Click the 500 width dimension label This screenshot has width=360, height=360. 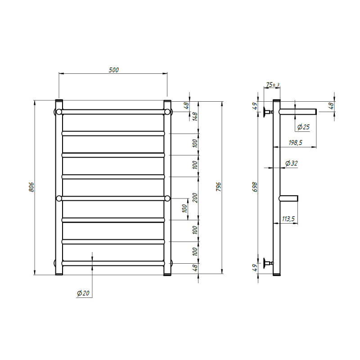pyautogui.click(x=114, y=70)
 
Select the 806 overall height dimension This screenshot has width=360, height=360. pyautogui.click(x=31, y=187)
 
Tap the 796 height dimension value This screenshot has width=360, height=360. pyautogui.click(x=218, y=187)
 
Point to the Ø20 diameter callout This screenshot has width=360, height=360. pyautogui.click(x=83, y=293)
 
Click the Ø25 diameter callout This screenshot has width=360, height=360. pyautogui.click(x=303, y=127)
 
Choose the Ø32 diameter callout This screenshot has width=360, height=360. pyautogui.click(x=291, y=163)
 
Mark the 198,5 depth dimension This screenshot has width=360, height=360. pyautogui.click(x=296, y=143)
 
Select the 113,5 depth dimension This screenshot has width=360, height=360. pyautogui.click(x=288, y=219)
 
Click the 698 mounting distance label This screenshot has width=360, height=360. pyautogui.click(x=255, y=187)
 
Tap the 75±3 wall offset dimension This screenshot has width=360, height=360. pyautogui.click(x=273, y=85)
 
